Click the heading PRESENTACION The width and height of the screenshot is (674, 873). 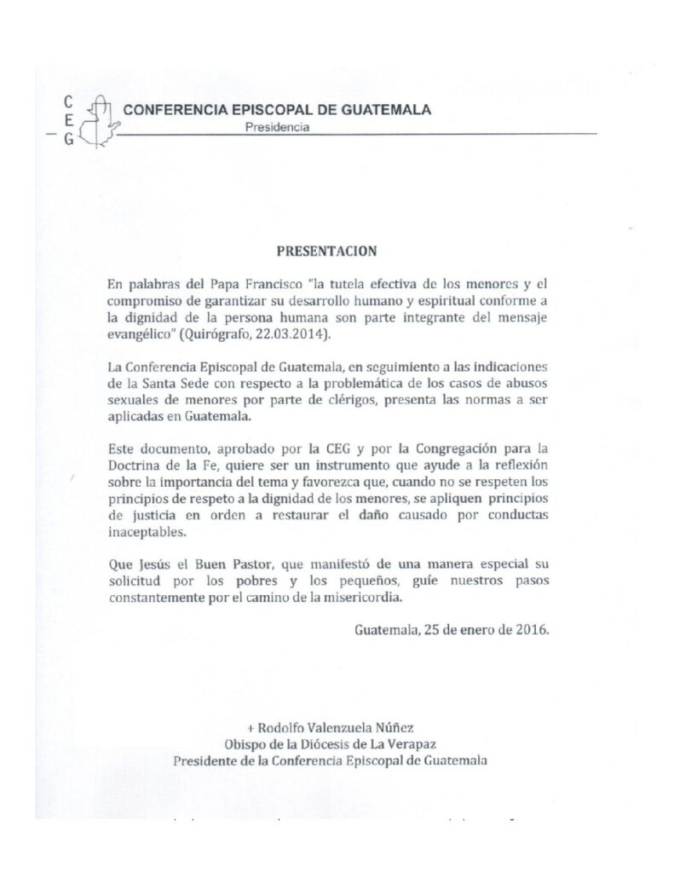(x=327, y=252)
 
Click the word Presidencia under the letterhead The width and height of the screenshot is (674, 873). (x=277, y=128)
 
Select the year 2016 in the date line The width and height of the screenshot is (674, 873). (x=533, y=631)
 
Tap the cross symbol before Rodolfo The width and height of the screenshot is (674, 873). (x=251, y=727)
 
